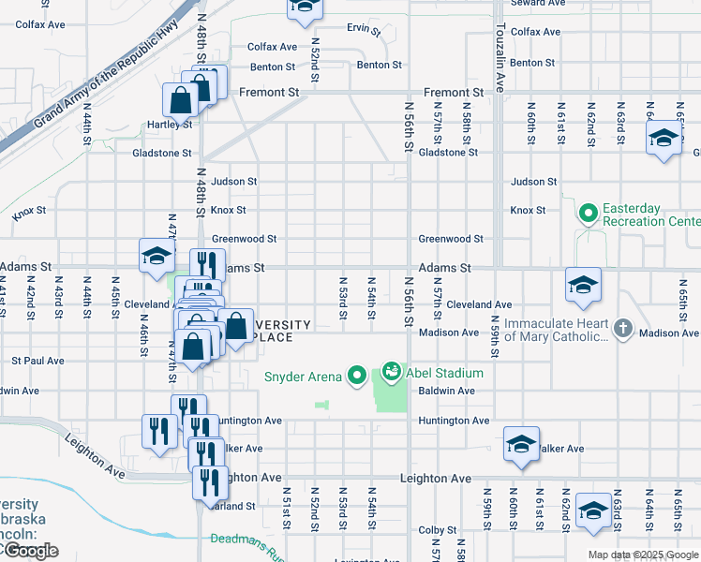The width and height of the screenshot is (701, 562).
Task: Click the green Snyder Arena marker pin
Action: (x=356, y=377)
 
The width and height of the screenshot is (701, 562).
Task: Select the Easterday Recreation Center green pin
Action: (x=589, y=214)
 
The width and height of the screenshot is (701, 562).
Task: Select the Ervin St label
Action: (x=364, y=29)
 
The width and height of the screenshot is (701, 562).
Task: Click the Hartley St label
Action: (x=169, y=124)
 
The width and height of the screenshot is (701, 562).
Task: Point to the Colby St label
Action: (x=437, y=530)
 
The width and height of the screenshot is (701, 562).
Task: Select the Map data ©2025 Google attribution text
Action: (x=643, y=555)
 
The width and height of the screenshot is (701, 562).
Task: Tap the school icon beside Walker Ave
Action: (x=521, y=445)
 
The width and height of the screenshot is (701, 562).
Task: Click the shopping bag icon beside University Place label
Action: (x=236, y=328)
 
